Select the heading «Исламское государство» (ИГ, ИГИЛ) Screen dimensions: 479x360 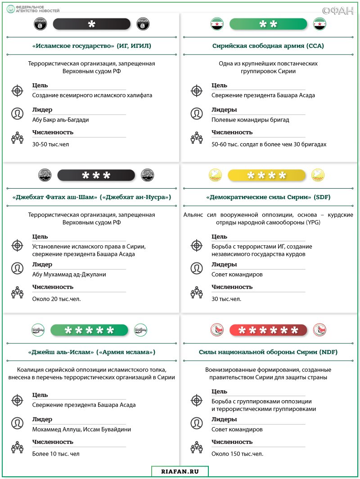click(92, 45)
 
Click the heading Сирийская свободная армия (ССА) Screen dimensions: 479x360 click(268, 45)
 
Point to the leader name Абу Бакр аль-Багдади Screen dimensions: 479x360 click(60, 120)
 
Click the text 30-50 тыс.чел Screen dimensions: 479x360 click(50, 144)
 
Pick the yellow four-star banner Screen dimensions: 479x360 click(263, 175)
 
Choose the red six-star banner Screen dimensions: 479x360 click(268, 330)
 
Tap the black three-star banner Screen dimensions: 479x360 click(96, 175)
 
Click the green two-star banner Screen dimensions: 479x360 click(268, 24)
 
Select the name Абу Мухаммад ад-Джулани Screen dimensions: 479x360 click(69, 274)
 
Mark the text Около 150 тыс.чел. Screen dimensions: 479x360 click(237, 453)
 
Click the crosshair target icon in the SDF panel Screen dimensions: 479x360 click(197, 245)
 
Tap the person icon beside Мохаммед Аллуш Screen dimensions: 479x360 click(17, 423)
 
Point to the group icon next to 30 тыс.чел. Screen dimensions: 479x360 click(197, 293)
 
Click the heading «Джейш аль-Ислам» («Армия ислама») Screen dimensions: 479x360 click(92, 352)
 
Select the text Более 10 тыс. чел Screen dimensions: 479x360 click(56, 453)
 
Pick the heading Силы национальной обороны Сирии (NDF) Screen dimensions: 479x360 click(268, 352)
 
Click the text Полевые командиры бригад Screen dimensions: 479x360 click(250, 120)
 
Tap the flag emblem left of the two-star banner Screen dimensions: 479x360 click(217, 24)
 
